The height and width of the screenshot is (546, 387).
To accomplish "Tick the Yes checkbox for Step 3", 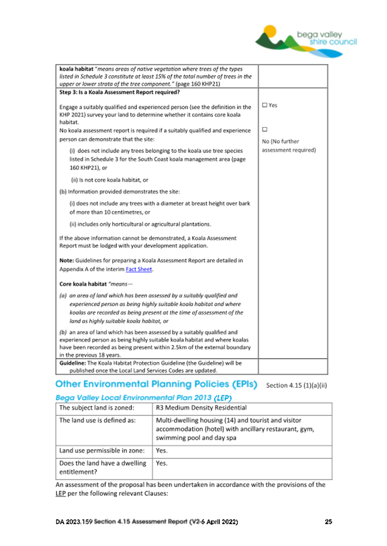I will [264, 105].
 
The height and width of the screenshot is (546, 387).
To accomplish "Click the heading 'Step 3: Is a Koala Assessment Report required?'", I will [120, 92].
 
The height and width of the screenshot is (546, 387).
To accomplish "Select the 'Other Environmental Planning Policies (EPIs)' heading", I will [156, 383].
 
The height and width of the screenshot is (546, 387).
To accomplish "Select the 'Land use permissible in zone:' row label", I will [101, 450].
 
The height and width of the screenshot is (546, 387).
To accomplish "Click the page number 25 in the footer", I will [328, 522].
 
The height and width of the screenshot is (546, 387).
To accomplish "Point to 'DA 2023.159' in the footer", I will [73, 522].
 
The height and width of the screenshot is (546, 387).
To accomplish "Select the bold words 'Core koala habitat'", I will [83, 284].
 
